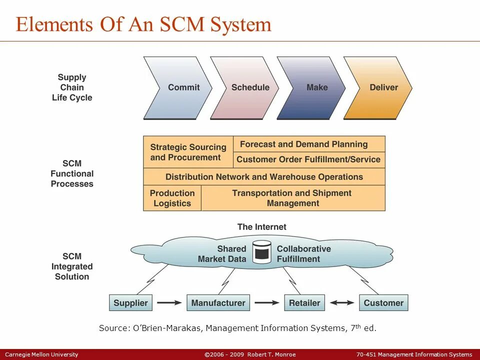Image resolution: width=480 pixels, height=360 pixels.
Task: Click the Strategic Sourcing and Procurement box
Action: (188, 152)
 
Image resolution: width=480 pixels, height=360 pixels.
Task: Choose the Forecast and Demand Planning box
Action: (304, 144)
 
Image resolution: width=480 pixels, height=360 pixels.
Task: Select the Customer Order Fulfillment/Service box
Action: (308, 160)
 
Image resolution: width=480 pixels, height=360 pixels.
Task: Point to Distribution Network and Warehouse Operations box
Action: (264, 177)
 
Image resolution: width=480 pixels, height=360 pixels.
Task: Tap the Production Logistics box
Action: (172, 198)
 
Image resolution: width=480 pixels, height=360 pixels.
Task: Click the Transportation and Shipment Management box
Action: (293, 198)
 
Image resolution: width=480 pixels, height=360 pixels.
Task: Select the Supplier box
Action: (130, 303)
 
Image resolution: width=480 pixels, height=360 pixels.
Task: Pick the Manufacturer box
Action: (218, 303)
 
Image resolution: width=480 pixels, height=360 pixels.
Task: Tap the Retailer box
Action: (304, 303)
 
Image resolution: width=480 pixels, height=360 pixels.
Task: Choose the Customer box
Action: (383, 303)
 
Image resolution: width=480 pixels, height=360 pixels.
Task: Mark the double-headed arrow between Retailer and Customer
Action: (341, 303)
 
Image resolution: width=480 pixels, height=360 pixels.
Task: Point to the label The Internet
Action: (261, 227)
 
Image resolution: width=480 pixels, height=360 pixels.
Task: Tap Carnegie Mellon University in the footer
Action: (41, 354)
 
